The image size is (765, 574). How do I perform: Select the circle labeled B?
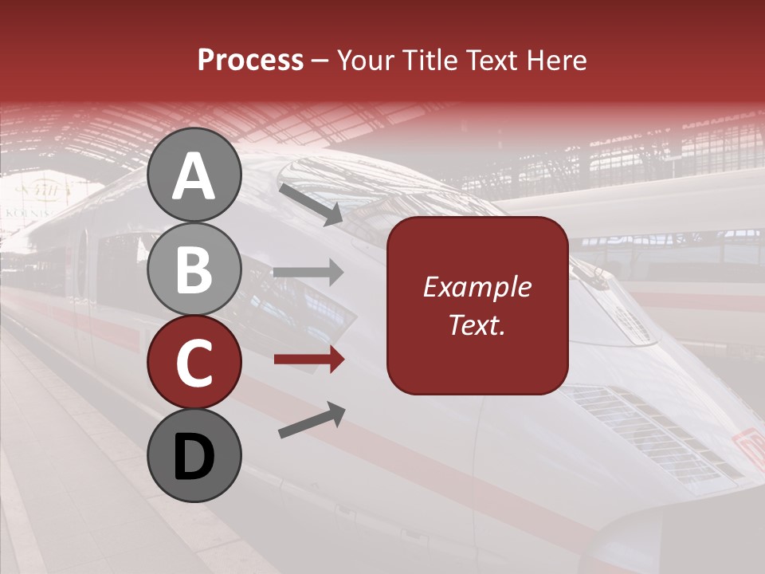194,269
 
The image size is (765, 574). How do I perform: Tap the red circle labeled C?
194,363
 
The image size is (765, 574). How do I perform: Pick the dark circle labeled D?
194,456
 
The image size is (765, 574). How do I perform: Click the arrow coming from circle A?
311,203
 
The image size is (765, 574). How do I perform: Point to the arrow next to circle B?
308,273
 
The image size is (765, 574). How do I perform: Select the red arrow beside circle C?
308,360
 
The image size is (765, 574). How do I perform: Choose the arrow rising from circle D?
312,421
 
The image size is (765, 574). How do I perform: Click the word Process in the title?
250,61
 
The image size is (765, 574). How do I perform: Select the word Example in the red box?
477,288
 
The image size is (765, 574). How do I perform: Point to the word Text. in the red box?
477,324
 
